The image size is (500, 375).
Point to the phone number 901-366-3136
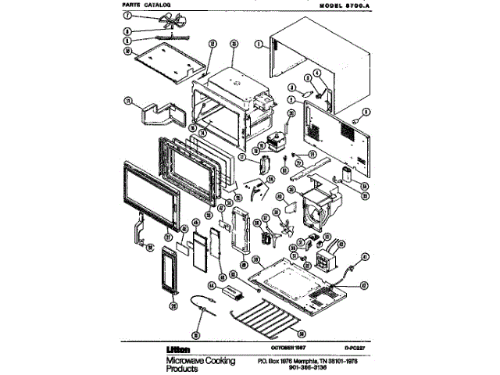pos(300,370)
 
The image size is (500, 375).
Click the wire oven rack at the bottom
pos(270,320)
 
